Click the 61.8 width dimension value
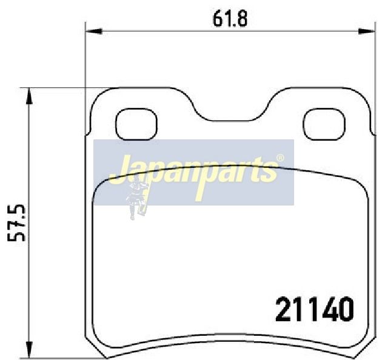tap(230, 19)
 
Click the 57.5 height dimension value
tap(16, 222)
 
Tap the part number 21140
tap(315, 309)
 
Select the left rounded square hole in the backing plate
tap(136, 124)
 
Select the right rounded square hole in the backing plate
tap(324, 124)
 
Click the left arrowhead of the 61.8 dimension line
tap(94, 31)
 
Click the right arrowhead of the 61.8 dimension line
tap(367, 31)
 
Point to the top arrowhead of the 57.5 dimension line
tap(30, 96)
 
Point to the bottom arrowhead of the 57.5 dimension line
tap(30, 350)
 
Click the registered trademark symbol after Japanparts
tap(280, 158)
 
